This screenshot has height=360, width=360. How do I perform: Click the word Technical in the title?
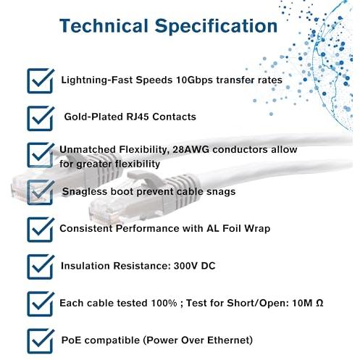pyautogui.click(x=104, y=25)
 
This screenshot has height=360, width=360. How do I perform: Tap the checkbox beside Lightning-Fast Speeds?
pyautogui.click(x=41, y=80)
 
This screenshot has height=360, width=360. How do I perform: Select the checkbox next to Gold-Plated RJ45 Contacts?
pyautogui.click(x=41, y=118)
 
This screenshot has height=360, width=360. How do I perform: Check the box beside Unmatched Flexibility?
pyautogui.click(x=41, y=155)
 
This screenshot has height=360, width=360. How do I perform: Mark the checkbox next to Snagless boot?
pyautogui.click(x=41, y=192)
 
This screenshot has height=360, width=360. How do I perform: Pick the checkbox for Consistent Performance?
pyautogui.click(x=41, y=230)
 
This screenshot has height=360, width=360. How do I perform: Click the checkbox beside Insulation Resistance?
pyautogui.click(x=41, y=267)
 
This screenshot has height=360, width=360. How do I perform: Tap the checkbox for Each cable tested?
pyautogui.click(x=41, y=304)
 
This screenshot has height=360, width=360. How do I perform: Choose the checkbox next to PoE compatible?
pyautogui.click(x=41, y=341)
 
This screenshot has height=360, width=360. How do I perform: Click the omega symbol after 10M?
pyautogui.click(x=319, y=303)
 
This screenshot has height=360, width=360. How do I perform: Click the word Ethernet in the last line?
pyautogui.click(x=228, y=340)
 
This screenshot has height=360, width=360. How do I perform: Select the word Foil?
pyautogui.click(x=232, y=228)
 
